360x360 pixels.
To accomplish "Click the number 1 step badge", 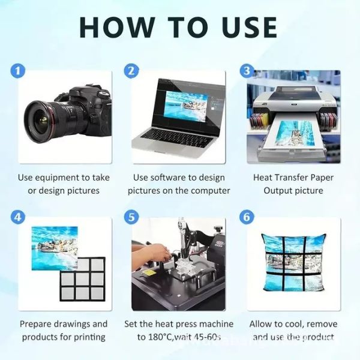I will [x=20, y=71].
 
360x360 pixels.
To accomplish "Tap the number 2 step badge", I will [x=131, y=71].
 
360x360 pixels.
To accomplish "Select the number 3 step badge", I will [x=247, y=71].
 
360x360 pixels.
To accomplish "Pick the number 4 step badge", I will [x=20, y=217].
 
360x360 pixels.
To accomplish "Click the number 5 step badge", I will [x=131, y=217].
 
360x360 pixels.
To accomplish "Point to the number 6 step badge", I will [x=247, y=217].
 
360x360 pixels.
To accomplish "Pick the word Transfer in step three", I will [x=290, y=178].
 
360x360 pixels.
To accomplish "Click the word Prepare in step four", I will [x=37, y=324].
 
